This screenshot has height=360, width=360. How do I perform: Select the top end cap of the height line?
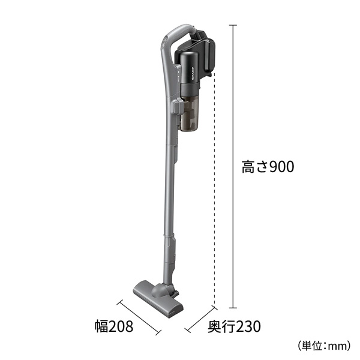(233, 25)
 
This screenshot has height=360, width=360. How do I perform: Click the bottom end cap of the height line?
(233, 307)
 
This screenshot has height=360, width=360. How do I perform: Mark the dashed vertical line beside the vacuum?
(215, 192)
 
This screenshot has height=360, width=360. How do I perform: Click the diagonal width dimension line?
(139, 317)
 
